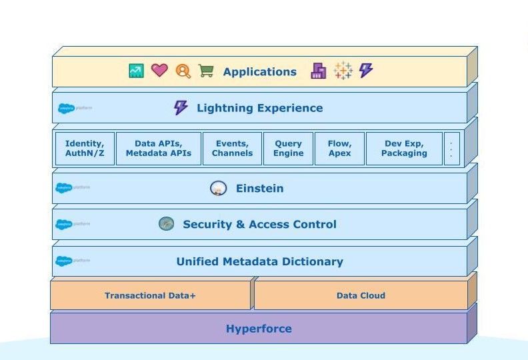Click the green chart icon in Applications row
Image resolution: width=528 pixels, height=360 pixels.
[x=136, y=71]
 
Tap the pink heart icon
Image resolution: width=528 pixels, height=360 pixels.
[x=159, y=70]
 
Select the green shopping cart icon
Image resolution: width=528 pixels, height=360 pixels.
[x=206, y=71]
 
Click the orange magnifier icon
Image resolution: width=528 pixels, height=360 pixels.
[x=183, y=71]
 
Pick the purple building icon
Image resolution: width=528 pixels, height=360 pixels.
[x=319, y=71]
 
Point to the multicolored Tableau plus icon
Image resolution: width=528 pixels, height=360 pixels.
[x=343, y=71]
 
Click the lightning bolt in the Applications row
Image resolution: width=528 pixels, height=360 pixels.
[x=365, y=70]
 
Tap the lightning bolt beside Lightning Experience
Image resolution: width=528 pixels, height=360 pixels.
[x=181, y=107]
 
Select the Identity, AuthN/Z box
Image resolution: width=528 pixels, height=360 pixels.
[x=85, y=148]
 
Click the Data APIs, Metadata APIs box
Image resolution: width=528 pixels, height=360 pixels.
[x=158, y=148]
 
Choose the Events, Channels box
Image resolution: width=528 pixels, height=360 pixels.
[x=232, y=148]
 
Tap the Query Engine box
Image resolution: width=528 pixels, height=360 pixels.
[x=288, y=148]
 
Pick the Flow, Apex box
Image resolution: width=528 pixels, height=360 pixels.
[x=339, y=148]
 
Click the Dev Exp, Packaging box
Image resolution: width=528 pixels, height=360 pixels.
[x=404, y=148]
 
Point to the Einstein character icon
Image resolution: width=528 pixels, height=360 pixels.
[x=218, y=189]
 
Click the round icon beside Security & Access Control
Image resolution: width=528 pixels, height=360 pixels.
[x=166, y=224]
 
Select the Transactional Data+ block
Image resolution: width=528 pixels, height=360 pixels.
[x=150, y=295]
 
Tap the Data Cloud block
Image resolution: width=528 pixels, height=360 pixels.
[x=361, y=295]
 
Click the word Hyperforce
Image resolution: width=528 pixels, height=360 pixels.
[x=259, y=329]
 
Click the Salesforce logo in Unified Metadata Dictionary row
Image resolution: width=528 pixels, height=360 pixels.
[x=65, y=261]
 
